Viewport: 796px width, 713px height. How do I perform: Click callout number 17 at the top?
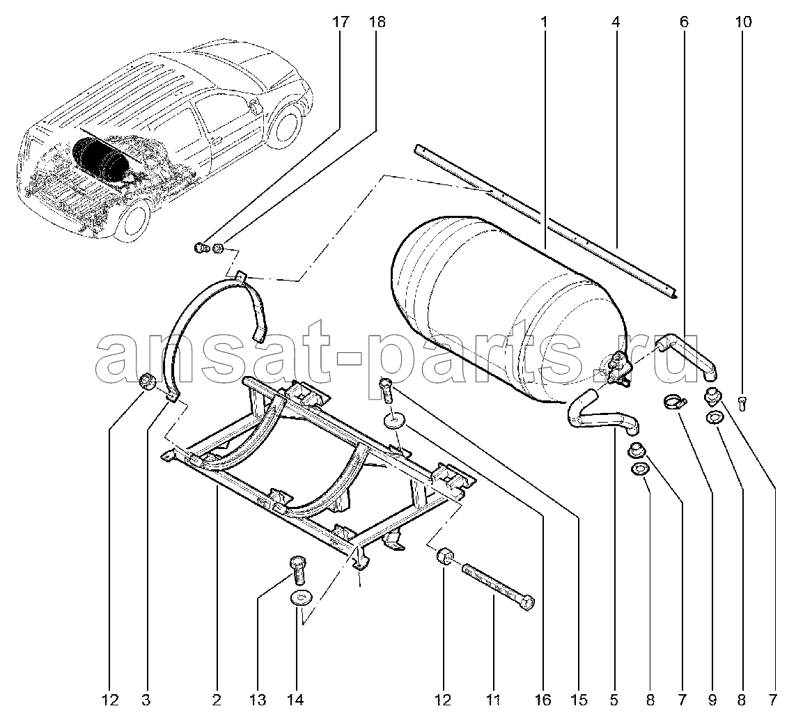click(341, 22)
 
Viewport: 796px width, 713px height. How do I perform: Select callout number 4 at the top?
click(616, 22)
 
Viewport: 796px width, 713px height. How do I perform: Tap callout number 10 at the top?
click(743, 22)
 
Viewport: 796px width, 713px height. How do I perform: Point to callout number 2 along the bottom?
click(217, 700)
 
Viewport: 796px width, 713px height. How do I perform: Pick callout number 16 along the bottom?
click(543, 700)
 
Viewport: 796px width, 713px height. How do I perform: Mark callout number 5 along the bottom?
click(614, 700)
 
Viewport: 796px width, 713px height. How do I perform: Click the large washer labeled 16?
click(394, 420)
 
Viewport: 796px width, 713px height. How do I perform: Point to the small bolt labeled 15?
click(387, 390)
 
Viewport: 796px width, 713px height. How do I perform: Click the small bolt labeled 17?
click(201, 248)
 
